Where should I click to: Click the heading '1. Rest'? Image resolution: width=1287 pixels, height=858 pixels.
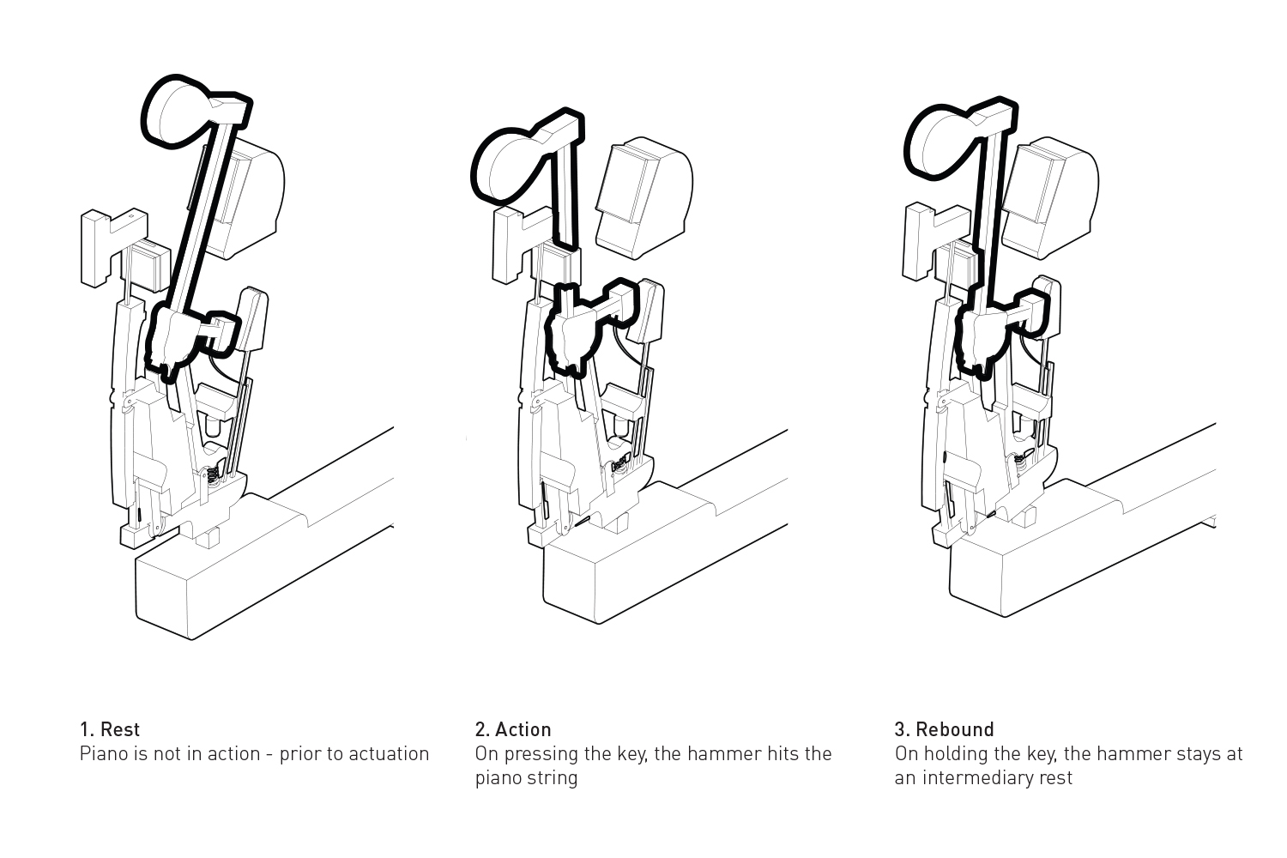110,729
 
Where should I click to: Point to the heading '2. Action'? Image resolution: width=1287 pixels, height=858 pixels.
513,729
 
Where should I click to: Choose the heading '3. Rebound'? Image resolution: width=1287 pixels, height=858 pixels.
944,729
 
